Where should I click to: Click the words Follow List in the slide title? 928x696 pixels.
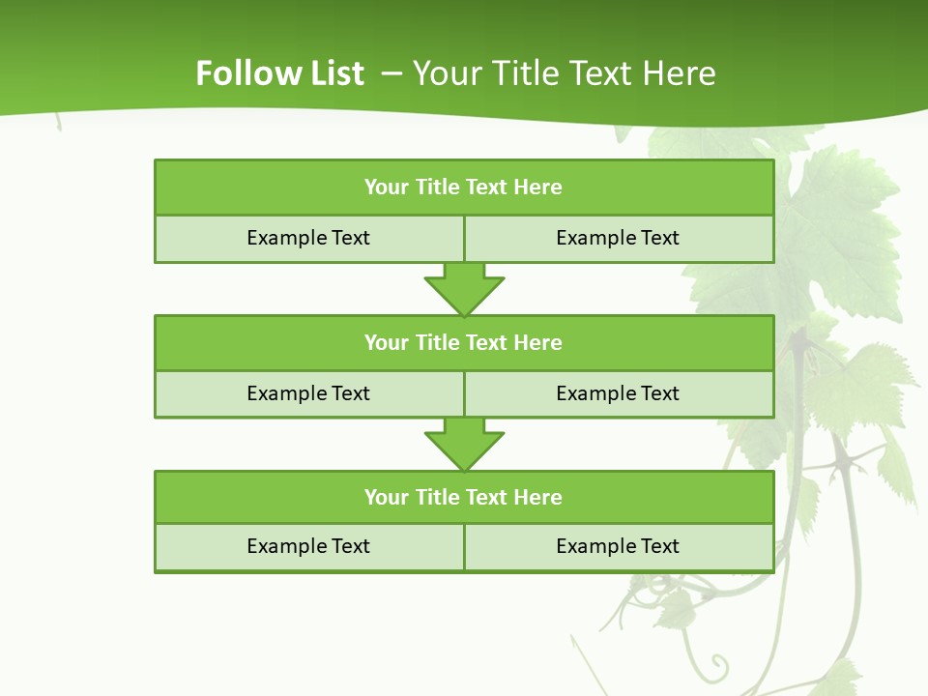[279, 73]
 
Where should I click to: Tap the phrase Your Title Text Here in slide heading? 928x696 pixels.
[564, 73]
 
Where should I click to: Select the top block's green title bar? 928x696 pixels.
[464, 188]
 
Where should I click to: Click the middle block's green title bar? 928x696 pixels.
[464, 342]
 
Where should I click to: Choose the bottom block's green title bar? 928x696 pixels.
[464, 497]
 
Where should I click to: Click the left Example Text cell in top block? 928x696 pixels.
[308, 238]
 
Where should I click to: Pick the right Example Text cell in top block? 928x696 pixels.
[618, 238]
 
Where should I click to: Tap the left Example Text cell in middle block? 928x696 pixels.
[308, 393]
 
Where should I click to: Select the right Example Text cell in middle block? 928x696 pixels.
[618, 393]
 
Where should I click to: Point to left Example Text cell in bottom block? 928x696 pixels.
[308, 546]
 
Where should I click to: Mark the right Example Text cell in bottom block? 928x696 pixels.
[618, 546]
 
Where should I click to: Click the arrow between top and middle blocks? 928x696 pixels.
[464, 289]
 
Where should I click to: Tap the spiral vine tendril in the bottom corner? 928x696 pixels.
[716, 665]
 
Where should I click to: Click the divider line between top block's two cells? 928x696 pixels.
[464, 238]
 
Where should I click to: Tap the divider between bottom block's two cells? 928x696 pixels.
[464, 546]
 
